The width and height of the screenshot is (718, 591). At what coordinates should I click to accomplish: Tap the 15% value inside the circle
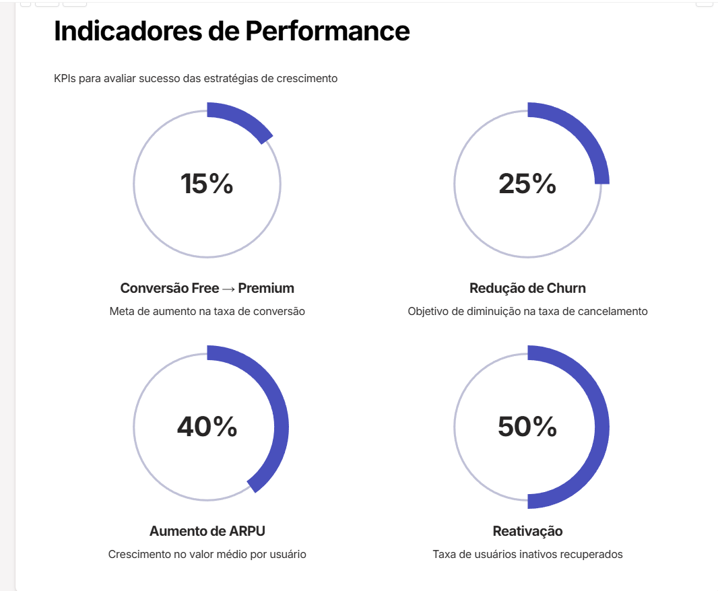point(207,184)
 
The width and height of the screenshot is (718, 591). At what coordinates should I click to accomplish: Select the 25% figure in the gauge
point(527,184)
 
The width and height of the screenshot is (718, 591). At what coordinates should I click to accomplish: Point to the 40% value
point(207,427)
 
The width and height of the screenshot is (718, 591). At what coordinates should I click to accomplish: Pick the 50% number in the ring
point(527,427)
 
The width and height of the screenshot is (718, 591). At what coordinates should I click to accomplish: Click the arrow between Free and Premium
point(228,289)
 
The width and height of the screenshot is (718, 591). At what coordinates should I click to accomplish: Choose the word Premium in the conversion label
point(266,288)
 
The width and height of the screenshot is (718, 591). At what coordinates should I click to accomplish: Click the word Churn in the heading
point(566,288)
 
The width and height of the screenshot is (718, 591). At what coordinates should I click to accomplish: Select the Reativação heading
point(527,531)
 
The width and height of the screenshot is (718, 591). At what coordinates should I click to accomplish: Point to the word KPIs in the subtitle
point(65,79)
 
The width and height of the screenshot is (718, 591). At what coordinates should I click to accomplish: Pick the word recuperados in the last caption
point(593,555)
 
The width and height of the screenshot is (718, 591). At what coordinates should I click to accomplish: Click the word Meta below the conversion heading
point(121,312)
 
